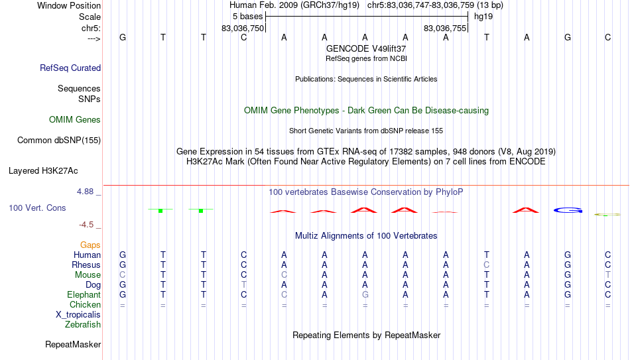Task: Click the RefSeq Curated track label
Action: tap(70, 68)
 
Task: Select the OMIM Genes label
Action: tap(75, 120)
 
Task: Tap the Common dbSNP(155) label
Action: tap(59, 141)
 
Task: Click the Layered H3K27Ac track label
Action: tap(43, 171)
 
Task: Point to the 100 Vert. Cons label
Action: tap(37, 208)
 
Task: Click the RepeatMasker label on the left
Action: tap(73, 344)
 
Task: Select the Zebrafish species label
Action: tap(83, 324)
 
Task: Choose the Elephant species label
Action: tap(84, 294)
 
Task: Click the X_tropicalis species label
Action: tap(78, 315)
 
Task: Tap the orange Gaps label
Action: tap(90, 245)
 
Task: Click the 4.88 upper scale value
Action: tap(86, 192)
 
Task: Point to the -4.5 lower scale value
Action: tap(86, 225)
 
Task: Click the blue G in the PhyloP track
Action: tap(568, 210)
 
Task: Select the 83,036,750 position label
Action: tap(243, 29)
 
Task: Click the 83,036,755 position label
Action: tap(445, 29)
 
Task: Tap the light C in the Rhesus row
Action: tap(487, 265)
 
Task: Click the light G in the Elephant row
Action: tap(365, 294)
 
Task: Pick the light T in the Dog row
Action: tap(244, 285)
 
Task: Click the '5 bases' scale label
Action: tap(247, 17)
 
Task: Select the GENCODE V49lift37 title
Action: tap(366, 48)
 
